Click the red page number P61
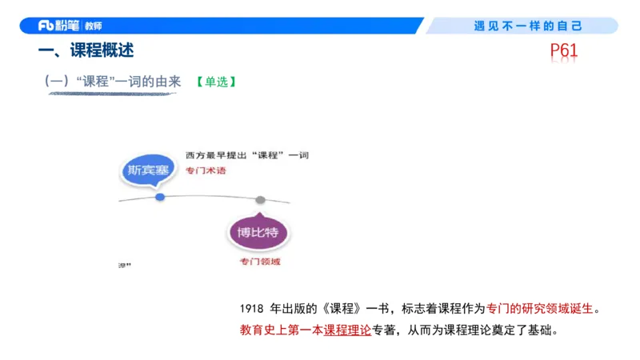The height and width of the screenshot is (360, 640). pyautogui.click(x=564, y=52)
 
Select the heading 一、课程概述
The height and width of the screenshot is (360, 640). pyautogui.click(x=86, y=51)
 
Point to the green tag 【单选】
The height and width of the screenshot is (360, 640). pyautogui.click(x=214, y=82)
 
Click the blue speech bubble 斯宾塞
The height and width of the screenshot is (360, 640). pyautogui.click(x=149, y=170)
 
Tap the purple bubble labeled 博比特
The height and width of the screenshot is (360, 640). pyautogui.click(x=257, y=233)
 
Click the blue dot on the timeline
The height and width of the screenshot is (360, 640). pyautogui.click(x=160, y=196)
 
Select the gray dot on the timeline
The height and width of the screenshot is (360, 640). pyautogui.click(x=260, y=199)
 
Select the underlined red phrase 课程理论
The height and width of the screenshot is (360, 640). pyautogui.click(x=347, y=330)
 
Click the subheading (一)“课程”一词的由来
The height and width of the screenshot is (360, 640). pyautogui.click(x=112, y=82)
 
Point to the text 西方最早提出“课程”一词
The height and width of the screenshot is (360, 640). pyautogui.click(x=246, y=154)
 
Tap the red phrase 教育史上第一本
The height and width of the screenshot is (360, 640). pyautogui.click(x=281, y=330)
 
